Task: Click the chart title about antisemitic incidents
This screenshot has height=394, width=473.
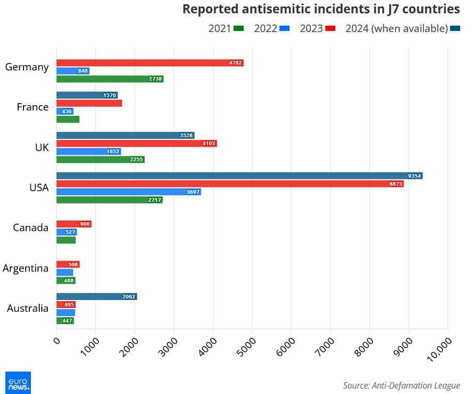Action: [x=321, y=9]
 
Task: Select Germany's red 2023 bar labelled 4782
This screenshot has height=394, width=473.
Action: [x=149, y=63]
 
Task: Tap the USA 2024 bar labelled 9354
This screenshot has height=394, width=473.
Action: [x=239, y=176]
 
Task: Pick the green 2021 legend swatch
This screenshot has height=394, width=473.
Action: [x=238, y=28]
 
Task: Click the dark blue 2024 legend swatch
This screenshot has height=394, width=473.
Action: [x=455, y=28]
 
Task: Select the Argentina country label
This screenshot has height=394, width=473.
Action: [x=26, y=268]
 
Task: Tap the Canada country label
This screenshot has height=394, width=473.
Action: [x=31, y=228]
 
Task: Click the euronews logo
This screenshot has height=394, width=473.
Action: [x=18, y=382]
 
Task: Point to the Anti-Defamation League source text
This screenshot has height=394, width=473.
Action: [x=401, y=385]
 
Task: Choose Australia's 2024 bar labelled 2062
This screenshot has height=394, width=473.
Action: [x=97, y=296]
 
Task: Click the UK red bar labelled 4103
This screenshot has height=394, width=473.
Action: [x=137, y=144]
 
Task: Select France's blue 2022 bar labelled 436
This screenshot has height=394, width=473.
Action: [x=65, y=111]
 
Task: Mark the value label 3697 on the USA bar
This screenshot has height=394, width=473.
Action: [x=193, y=192]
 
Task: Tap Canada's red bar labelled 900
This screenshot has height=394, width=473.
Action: [x=74, y=224]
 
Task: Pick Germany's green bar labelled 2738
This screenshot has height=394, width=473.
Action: [x=110, y=79]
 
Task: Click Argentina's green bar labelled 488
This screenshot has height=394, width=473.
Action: [x=66, y=280]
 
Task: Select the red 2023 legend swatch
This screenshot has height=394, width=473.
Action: [x=330, y=28]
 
